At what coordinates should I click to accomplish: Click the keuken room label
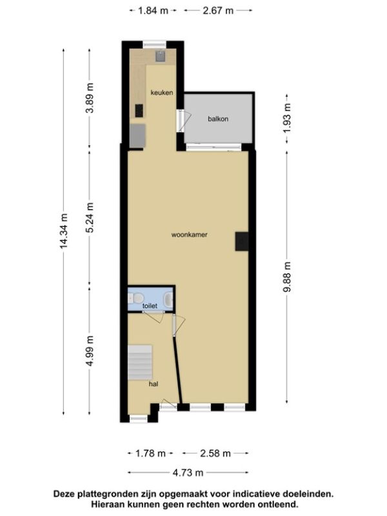162,93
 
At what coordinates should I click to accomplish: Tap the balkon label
218,119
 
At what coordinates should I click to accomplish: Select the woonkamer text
189,235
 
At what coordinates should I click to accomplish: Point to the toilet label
150,306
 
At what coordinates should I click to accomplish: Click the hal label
154,384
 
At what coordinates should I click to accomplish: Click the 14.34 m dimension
64,231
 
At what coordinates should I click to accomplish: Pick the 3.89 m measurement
90,98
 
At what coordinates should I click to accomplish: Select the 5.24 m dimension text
90,217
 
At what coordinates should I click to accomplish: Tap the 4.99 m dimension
90,351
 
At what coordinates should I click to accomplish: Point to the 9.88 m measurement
287,277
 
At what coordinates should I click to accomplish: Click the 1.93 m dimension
287,118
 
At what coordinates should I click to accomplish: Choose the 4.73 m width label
188,473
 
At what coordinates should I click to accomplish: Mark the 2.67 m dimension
218,11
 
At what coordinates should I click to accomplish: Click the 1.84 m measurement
153,11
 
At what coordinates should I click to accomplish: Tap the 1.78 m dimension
150,453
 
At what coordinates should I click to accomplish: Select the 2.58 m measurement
215,453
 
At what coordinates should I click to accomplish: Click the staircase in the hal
140,362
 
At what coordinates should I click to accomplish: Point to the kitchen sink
160,56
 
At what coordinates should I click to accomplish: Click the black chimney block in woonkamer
242,241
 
